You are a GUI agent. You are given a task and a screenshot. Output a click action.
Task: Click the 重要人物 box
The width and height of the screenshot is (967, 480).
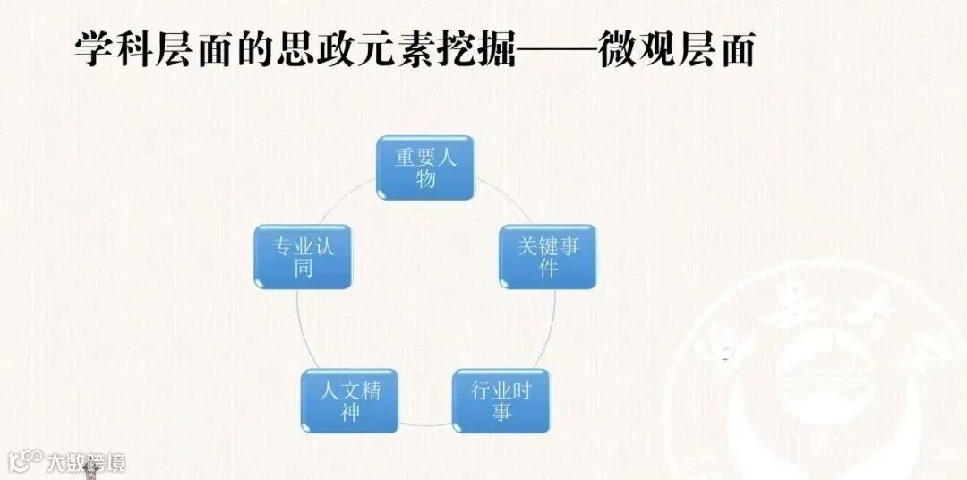point(424,167)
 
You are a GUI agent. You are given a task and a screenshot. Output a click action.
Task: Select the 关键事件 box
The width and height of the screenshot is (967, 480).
point(547,257)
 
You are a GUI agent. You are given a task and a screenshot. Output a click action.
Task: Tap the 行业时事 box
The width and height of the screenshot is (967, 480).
point(501,401)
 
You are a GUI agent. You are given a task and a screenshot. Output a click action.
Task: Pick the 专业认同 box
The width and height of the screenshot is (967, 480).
point(303,257)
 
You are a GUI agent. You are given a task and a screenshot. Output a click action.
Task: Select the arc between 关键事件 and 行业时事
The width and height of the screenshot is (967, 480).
point(552,331)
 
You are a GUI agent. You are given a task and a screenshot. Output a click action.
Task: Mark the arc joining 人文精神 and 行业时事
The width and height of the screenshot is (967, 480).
point(425,422)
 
